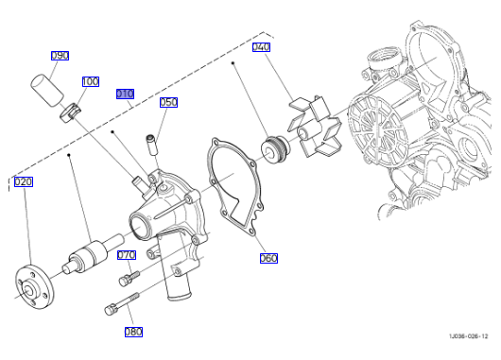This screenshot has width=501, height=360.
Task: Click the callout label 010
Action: coord(125,94)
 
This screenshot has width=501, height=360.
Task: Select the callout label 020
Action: coord(24,182)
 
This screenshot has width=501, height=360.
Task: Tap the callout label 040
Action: coord(261,47)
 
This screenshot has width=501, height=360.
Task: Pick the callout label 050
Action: coord(168,103)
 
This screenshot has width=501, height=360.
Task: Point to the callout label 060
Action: coord(268,258)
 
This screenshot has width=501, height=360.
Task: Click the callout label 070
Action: coord(127,255)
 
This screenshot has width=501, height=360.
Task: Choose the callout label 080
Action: coord(133,332)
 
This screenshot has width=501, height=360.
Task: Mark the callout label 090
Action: coord(60,56)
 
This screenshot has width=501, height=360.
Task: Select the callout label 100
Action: coord(91,82)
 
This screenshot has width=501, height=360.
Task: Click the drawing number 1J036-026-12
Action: coord(469,336)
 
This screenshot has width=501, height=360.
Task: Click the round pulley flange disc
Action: coord(35,287)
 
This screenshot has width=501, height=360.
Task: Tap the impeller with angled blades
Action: coord(315,127)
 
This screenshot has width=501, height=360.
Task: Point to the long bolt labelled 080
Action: coord(122,304)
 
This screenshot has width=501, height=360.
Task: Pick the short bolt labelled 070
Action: coord(130,278)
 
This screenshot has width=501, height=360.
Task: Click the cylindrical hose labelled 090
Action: coord(47,90)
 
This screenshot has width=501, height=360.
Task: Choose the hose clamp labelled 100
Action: coord(71,112)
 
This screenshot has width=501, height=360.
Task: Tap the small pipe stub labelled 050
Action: coord(150,144)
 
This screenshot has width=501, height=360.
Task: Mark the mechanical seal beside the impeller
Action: coord(276,148)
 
